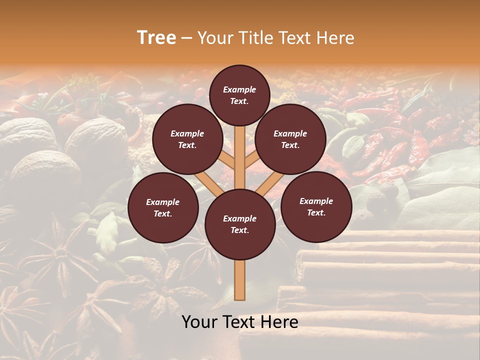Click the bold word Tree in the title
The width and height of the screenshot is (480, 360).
[x=156, y=38]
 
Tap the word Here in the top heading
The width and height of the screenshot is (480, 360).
[x=336, y=38]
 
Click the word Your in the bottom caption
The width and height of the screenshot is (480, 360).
[x=199, y=322]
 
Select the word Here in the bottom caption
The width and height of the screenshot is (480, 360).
[x=279, y=322]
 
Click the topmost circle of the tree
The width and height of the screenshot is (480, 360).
[x=239, y=95]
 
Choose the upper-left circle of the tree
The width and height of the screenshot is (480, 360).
[x=187, y=139]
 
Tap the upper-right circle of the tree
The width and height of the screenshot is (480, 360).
[x=290, y=139]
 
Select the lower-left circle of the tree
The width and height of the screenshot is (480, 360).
[x=162, y=207]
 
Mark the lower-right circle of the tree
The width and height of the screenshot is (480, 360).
[x=316, y=206]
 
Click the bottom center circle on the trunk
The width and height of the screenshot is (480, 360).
[x=239, y=224]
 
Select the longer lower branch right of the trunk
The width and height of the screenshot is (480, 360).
[x=270, y=184]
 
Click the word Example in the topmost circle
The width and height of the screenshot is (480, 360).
[x=239, y=89]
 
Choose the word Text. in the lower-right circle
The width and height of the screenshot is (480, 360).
[x=316, y=212]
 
